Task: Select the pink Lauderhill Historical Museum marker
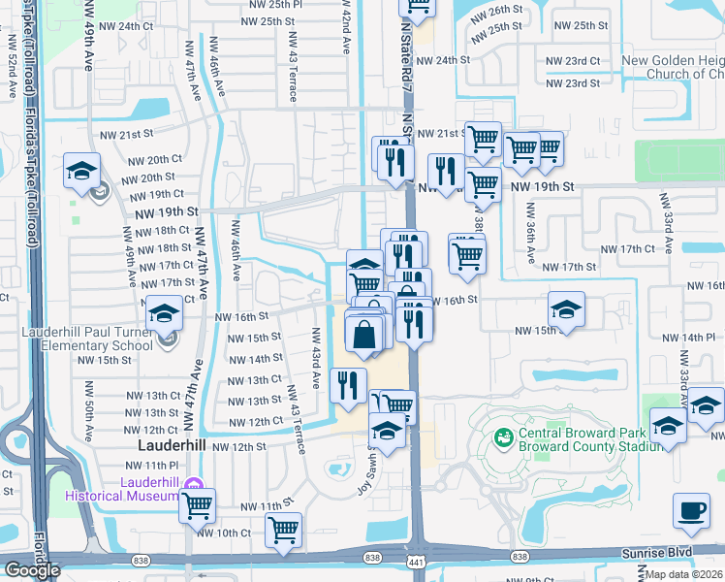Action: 193,484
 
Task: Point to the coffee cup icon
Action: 691,510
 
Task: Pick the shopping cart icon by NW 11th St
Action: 197,504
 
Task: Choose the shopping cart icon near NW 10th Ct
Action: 283,530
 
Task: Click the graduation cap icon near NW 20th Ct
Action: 81,171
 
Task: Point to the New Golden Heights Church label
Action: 674,67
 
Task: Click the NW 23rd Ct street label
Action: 572,60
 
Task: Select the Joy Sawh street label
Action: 364,476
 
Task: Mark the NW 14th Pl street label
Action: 697,336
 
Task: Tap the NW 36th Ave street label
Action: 530,234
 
